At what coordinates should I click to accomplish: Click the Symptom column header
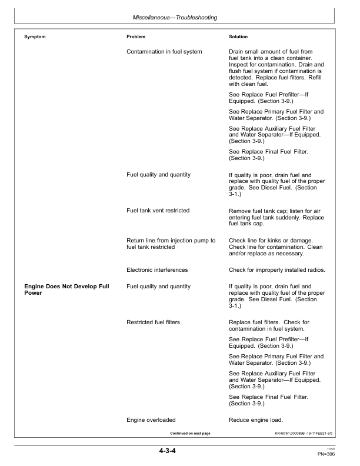point(35,37)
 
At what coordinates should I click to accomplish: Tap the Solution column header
point(238,37)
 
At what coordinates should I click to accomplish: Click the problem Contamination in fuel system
point(164,52)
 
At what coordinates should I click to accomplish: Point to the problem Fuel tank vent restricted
point(158,210)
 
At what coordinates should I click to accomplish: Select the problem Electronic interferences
point(157,270)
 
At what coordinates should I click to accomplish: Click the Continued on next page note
point(190,433)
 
